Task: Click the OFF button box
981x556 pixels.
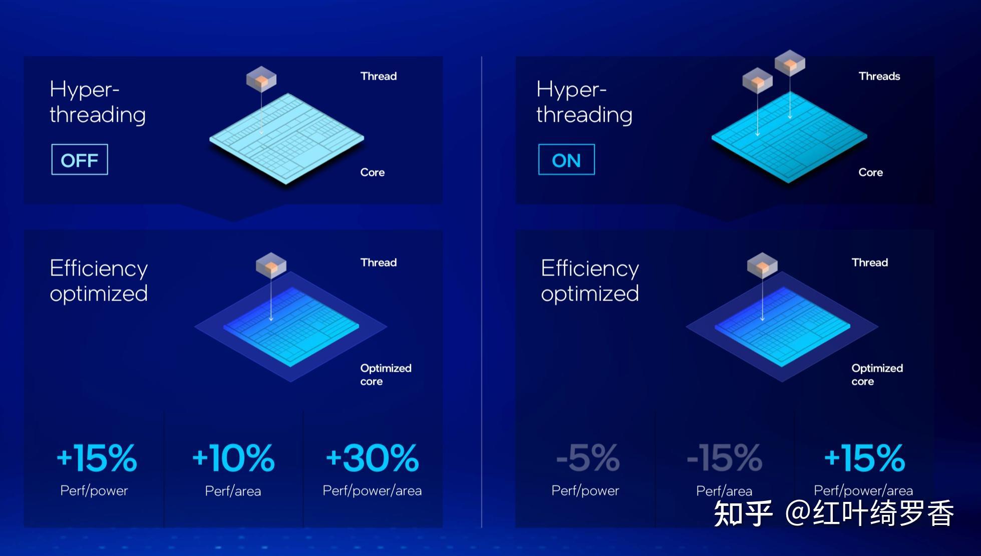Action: pos(80,160)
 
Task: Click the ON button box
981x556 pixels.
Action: pos(566,160)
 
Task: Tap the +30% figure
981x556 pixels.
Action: pos(372,458)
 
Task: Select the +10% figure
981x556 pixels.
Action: pos(233,458)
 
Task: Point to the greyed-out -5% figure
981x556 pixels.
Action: pos(588,458)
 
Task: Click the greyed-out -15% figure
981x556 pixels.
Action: pos(725,458)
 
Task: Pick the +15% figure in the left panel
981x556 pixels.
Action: pos(97,458)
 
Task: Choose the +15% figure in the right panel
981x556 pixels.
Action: pos(865,458)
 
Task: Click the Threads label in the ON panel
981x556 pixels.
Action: pos(879,76)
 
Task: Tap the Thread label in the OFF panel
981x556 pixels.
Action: pos(379,76)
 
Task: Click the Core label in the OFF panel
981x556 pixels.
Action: pos(373,172)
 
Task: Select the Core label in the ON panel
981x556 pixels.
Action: pos(871,172)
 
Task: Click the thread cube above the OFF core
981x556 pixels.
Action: pos(261,79)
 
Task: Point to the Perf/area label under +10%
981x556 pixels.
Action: pos(233,491)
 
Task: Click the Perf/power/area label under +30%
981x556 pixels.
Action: pos(372,491)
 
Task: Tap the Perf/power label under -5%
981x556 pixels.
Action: pos(585,491)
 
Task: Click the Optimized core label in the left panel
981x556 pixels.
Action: pos(386,375)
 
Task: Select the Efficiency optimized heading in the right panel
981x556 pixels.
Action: pos(590,281)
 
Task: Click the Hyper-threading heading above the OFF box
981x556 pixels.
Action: pos(98,102)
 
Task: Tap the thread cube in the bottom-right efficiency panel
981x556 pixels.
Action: pos(762,265)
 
